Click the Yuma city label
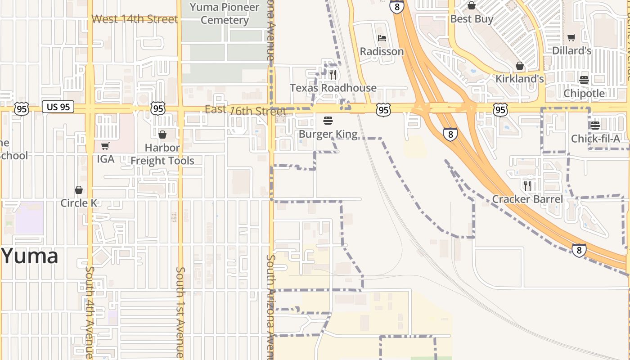point(30,256)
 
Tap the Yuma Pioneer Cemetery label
point(225,13)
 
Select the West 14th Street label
point(135,19)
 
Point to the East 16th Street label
point(245,110)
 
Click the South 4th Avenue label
point(89,312)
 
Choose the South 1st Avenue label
point(180,312)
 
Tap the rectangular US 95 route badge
point(58,107)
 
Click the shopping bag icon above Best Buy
point(472,5)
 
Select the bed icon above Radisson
point(382,38)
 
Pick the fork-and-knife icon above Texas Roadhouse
point(333,75)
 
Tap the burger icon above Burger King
point(328,121)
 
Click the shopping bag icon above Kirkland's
point(520,66)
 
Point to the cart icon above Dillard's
point(571,38)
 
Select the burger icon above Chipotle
point(584,80)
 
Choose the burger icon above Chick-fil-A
point(595,125)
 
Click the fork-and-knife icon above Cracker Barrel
point(527,185)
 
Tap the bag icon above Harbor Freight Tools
point(162,135)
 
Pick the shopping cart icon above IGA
point(105,146)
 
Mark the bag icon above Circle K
point(79,190)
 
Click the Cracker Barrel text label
point(527,199)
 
